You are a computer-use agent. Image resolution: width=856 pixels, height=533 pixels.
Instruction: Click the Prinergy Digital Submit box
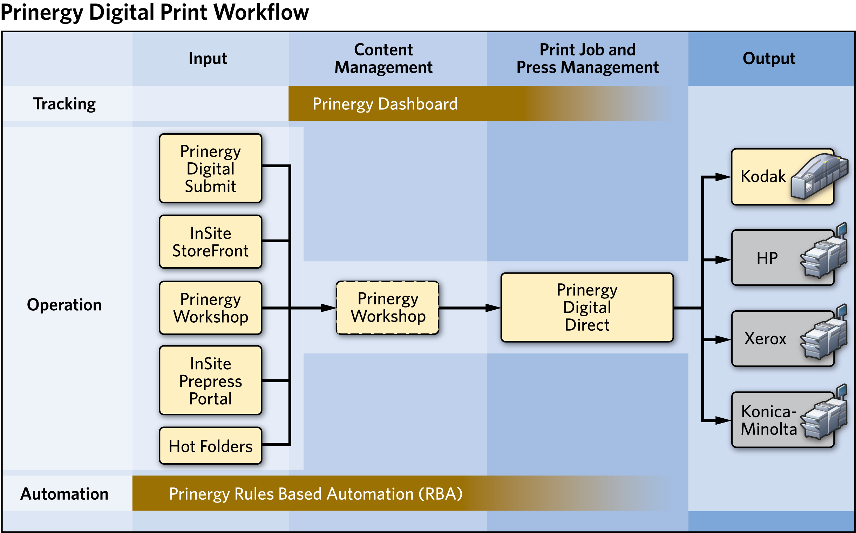click(210, 168)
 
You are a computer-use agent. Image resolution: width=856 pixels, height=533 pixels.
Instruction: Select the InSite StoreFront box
click(210, 242)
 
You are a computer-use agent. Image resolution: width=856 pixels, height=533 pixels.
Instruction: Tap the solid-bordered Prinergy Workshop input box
click(210, 308)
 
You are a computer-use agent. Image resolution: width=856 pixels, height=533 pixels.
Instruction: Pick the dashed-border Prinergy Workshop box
click(387, 308)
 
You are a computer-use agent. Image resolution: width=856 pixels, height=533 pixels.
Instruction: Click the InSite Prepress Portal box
click(210, 380)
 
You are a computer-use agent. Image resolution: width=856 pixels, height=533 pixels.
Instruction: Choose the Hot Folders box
click(210, 446)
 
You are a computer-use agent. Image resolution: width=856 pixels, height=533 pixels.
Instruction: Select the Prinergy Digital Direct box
click(587, 308)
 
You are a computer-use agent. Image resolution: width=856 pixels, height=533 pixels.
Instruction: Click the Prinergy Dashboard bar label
click(385, 104)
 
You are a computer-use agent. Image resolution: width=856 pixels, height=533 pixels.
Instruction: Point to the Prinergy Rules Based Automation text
click(315, 493)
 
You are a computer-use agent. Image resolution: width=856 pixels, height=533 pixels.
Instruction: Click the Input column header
click(208, 59)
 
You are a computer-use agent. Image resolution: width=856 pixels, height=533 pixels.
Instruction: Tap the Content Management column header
click(383, 59)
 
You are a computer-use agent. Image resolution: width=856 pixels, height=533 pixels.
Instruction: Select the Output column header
click(769, 59)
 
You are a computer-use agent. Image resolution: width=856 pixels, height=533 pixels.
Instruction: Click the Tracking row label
click(64, 104)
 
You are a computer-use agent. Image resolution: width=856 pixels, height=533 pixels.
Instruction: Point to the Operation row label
click(64, 305)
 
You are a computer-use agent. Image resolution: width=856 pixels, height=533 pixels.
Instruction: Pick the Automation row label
click(64, 493)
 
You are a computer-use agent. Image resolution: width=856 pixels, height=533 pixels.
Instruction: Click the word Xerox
click(765, 339)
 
